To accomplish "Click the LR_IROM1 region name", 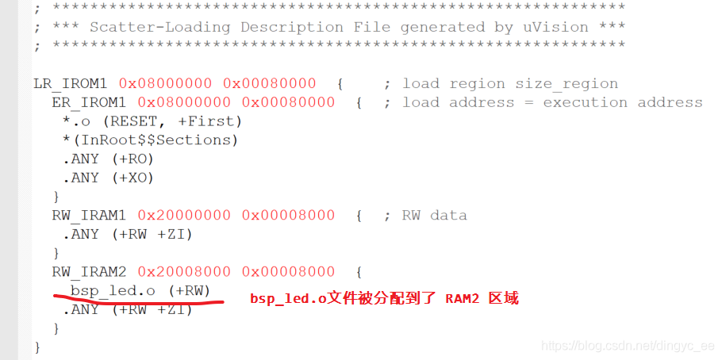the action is [x=70, y=84].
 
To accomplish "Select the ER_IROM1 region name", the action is [x=89, y=102].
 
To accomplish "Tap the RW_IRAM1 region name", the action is [x=89, y=216].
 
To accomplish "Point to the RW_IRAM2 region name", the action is [x=89, y=272].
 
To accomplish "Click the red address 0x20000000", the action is [x=184, y=216].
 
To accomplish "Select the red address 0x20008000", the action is [x=184, y=272].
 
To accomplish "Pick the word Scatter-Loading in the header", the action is [x=159, y=27].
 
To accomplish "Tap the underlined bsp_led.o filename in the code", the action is [x=113, y=291].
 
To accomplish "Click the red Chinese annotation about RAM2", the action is [x=385, y=298].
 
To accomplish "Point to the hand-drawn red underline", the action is [x=139, y=300].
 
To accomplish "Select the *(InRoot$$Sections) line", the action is [x=150, y=140].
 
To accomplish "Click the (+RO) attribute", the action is [x=132, y=159].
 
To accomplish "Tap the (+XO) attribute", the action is [x=132, y=178].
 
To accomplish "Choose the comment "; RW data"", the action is [x=425, y=216].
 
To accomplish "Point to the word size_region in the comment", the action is [x=566, y=84].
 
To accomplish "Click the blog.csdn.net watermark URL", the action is [x=627, y=346].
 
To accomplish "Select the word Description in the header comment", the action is [x=291, y=27].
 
